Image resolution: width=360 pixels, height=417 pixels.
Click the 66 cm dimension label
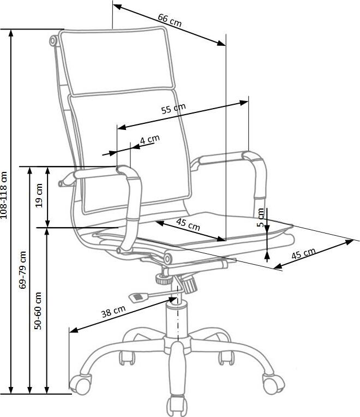click(x=169, y=20)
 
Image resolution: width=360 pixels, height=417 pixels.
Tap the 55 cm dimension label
click(x=173, y=109)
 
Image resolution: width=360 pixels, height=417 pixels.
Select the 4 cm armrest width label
click(x=149, y=139)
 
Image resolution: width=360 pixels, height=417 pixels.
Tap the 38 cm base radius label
click(x=113, y=313)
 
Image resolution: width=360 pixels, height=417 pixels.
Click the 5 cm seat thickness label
click(x=261, y=217)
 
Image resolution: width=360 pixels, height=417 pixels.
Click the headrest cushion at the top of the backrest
click(x=115, y=60)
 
